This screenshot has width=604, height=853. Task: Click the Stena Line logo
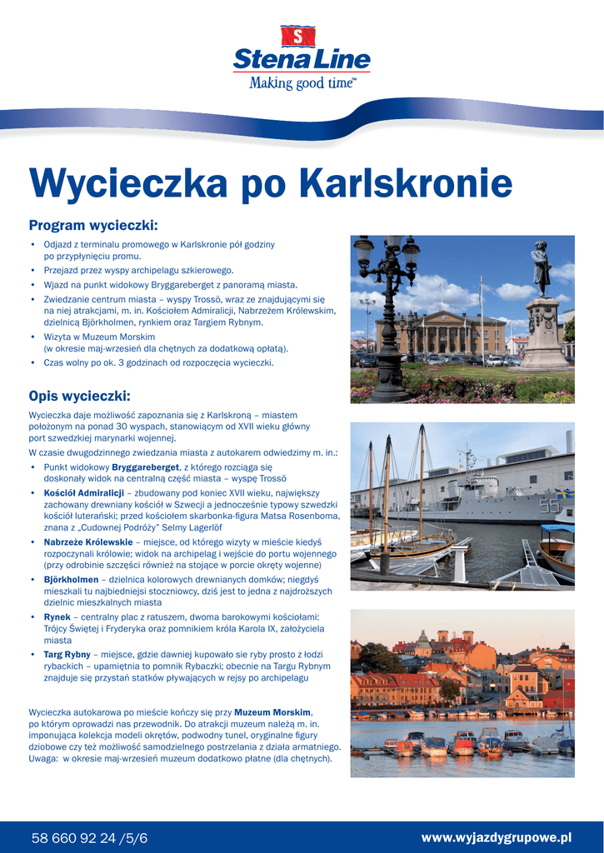click(x=302, y=58)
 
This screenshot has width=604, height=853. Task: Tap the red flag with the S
click(x=302, y=36)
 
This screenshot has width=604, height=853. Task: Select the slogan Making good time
click(x=302, y=82)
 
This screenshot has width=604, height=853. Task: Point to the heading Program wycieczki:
click(x=93, y=226)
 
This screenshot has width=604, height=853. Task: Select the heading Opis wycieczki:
click(x=80, y=396)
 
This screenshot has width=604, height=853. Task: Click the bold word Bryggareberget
click(x=146, y=467)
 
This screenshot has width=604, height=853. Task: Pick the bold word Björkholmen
click(x=71, y=580)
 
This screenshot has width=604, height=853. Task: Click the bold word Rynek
click(x=57, y=616)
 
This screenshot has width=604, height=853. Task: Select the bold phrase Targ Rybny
click(x=67, y=655)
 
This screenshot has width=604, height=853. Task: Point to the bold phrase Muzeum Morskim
click(x=272, y=713)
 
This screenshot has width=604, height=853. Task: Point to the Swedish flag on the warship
click(x=564, y=493)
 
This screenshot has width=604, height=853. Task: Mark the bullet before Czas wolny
click(x=32, y=363)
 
